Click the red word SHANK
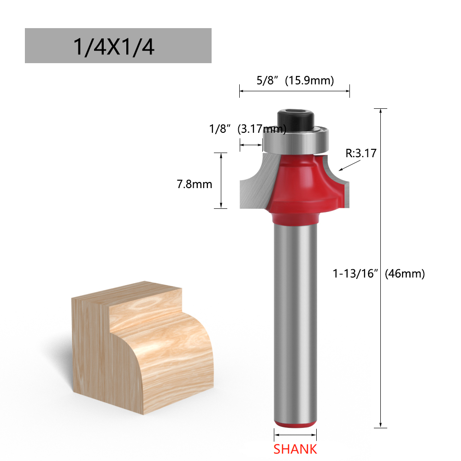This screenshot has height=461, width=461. tap(295, 449)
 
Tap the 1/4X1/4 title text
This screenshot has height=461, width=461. tap(113, 47)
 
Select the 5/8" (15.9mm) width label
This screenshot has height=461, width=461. tap(295, 80)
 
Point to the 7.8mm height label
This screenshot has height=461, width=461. tap(195, 184)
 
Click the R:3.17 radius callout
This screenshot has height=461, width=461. tap(361, 153)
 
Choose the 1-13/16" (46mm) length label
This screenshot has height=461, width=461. tap(378, 273)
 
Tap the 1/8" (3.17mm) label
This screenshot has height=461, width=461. tap(248, 129)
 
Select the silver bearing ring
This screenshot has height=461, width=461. tap(295, 140)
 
